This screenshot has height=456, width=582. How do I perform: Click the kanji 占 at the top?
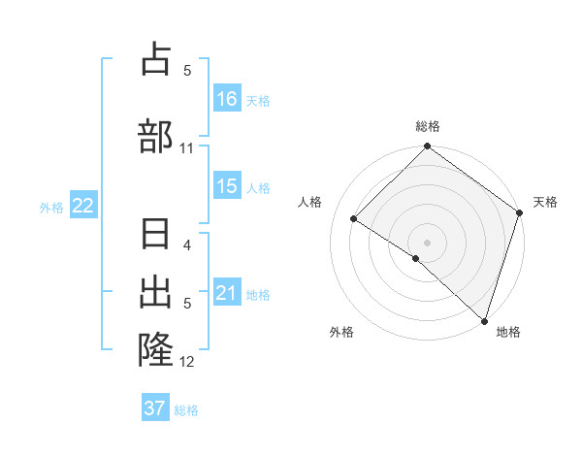pos(156,60)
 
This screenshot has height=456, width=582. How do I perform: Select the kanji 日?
pos(156,237)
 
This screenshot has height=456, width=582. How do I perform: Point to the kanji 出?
pos(156,293)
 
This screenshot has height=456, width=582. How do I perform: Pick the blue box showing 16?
pos(227,99)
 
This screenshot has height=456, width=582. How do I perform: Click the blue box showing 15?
pos(227,186)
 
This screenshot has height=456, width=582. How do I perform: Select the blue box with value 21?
pos(227,293)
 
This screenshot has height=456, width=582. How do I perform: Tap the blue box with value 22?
pos(82,206)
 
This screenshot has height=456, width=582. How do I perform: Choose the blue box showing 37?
pos(155,408)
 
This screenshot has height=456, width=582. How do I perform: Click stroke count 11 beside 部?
pos(187,147)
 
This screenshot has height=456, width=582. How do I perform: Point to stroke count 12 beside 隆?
pos(187,362)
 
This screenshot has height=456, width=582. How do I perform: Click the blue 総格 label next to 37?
pos(186,410)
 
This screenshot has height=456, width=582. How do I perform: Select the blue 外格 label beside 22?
pos(51,207)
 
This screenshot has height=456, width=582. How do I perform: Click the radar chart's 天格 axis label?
pos(545,202)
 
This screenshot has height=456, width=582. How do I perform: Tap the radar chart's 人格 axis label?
pos(310,202)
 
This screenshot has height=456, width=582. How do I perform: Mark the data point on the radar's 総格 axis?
pos(427,147)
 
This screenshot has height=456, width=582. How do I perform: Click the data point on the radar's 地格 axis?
pos(484,320)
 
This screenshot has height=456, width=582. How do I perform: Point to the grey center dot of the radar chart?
pos(427,242)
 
